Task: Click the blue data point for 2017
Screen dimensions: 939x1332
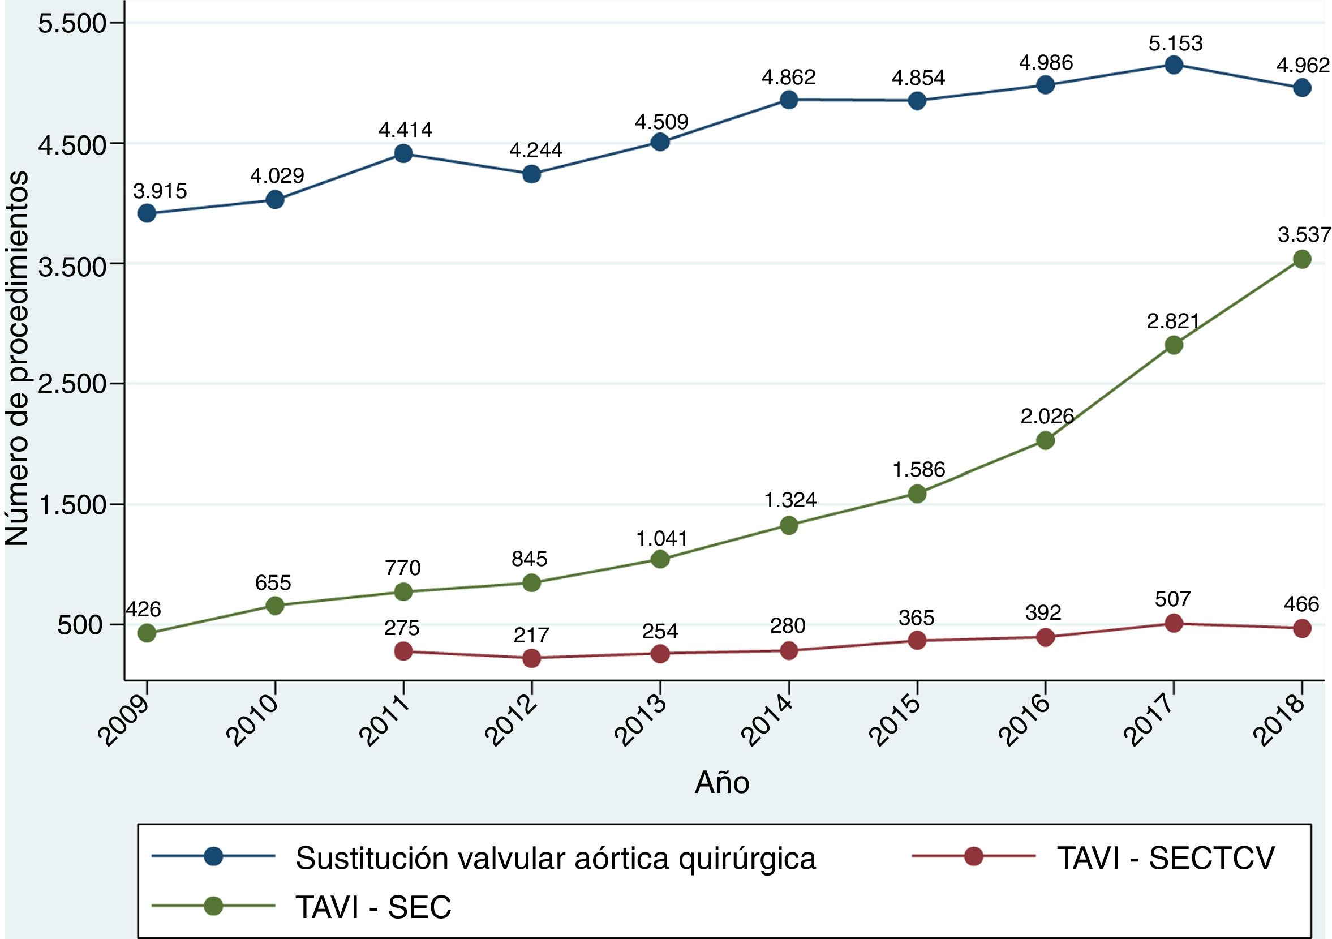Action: pos(1174,65)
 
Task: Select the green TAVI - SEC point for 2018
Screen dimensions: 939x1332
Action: pos(1303,259)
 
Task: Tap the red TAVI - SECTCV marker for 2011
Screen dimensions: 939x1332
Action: pos(403,651)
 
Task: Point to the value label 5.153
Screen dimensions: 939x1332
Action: pos(1175,43)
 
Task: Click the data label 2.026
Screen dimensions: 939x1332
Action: pos(1047,415)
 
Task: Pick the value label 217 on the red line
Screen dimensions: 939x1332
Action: pos(531,636)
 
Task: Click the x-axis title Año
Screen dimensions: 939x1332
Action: pos(721,783)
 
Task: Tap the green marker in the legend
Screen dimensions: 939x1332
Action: pos(214,906)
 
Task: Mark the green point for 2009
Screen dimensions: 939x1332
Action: pos(147,633)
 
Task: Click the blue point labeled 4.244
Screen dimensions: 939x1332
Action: pos(531,174)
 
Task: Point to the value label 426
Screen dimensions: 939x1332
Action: pos(143,610)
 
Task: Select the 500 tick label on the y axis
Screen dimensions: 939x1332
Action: pos(81,625)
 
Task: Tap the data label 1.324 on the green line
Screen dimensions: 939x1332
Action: pos(790,500)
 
